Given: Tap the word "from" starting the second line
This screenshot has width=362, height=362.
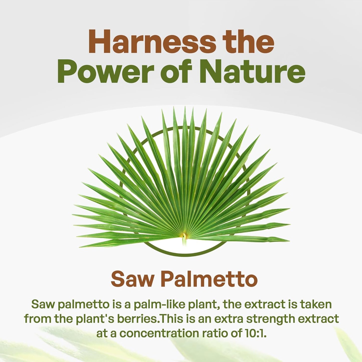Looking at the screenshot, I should click(x=38, y=319).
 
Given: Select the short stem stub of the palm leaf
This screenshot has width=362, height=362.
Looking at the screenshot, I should click(x=185, y=242).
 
